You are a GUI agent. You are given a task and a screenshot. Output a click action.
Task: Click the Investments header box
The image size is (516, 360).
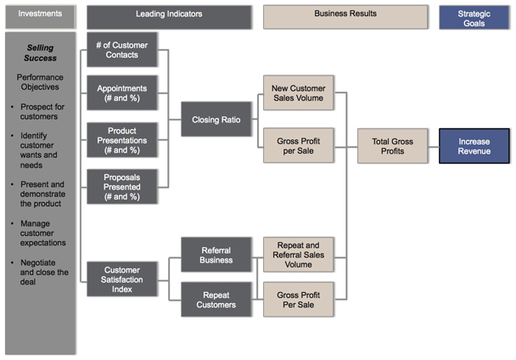[40, 16]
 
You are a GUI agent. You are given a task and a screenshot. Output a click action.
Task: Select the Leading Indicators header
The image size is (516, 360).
[169, 16]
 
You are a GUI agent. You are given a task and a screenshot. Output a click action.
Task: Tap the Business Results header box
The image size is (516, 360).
[345, 16]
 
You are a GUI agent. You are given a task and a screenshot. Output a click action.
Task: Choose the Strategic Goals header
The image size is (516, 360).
[474, 18]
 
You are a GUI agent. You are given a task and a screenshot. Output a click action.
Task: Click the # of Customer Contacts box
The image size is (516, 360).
[122, 50]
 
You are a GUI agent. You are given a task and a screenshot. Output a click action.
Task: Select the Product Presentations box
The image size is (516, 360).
[122, 138]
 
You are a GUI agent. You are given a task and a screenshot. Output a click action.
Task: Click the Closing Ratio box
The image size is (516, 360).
[216, 120]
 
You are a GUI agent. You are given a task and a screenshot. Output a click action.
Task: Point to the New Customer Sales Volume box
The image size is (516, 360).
[297, 93]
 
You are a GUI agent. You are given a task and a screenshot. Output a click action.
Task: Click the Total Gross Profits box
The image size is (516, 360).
[393, 145]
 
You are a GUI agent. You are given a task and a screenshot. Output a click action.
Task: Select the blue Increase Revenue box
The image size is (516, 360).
[474, 145]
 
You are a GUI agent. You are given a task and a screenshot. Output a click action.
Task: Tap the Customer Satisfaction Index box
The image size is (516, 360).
[122, 279]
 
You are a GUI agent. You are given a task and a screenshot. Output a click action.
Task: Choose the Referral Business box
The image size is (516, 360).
[216, 256]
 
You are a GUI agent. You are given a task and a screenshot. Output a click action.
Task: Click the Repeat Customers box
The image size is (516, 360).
[216, 301]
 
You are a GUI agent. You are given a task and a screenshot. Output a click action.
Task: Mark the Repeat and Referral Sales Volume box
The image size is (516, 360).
[297, 253]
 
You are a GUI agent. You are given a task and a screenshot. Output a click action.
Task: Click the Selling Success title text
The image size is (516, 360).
[40, 53]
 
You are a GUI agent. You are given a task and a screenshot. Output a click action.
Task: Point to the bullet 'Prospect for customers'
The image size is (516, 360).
[42, 112]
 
